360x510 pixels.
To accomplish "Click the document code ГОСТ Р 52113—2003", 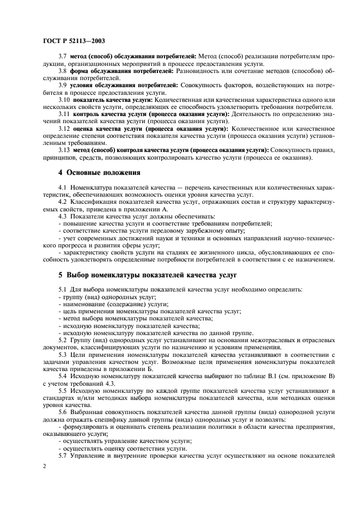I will coord(74,41).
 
